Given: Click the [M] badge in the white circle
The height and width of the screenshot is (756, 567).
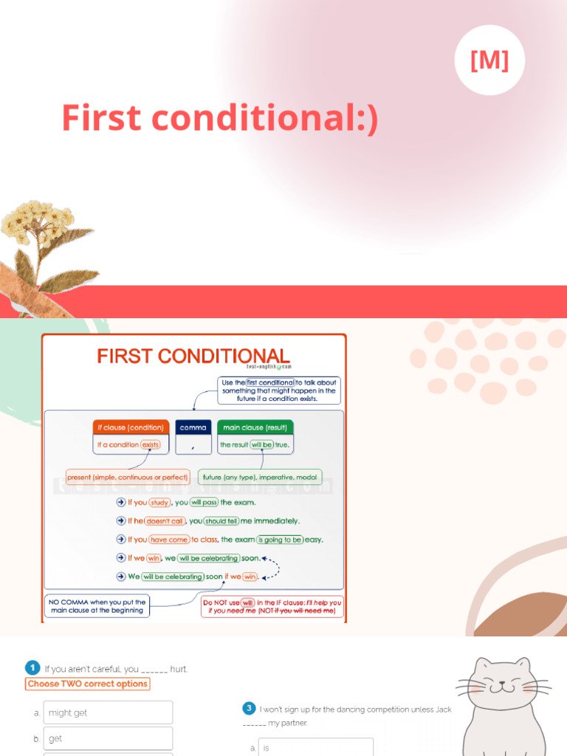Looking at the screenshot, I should point(489,61).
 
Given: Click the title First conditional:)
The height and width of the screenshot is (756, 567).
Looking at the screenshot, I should point(220,118).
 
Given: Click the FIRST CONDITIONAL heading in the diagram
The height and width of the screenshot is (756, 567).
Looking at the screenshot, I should point(193,357).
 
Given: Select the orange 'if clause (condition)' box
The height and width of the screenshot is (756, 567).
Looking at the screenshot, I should point(131,427).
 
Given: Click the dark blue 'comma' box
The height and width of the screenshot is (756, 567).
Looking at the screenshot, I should point(193,427).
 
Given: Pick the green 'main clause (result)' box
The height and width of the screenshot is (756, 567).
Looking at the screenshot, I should point(255,427).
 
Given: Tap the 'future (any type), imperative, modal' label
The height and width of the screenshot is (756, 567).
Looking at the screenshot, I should point(260,477).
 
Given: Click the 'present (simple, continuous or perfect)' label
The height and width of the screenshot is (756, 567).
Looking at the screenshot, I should point(128,477).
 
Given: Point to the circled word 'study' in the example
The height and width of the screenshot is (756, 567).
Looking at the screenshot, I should point(159,503).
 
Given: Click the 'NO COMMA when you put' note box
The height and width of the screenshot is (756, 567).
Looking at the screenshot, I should point(97,606).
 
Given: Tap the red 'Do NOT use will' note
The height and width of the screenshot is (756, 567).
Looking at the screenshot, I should point(272,606).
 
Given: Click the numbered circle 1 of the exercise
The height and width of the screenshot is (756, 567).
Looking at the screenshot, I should point(32,668).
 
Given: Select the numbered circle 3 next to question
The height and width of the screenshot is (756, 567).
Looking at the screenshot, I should point(250,709).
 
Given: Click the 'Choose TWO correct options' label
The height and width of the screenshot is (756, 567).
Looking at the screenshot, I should point(88,684).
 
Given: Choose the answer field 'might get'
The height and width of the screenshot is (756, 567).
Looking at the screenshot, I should point(108,712).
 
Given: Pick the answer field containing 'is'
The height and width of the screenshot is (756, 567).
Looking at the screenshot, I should point(315,747).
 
